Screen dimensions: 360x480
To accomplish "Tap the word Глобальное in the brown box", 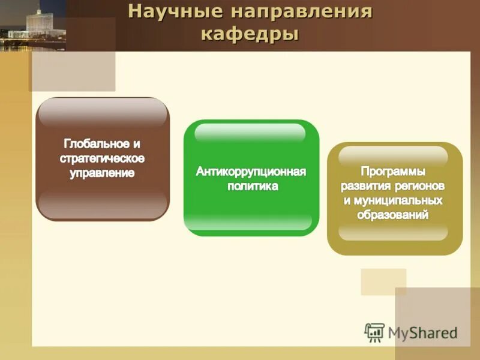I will pos(95,144).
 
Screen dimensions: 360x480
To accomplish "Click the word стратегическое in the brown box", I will pos(102,159).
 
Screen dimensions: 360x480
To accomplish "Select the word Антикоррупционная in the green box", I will pos(251,172).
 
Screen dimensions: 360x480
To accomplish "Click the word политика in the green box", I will pos(252,187).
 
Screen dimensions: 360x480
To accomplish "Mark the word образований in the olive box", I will pos(394,214).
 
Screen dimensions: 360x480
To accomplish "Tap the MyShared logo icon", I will pos(374,332).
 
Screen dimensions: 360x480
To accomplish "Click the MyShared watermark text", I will pos(422,333).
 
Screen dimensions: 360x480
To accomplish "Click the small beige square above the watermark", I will pos(383,281).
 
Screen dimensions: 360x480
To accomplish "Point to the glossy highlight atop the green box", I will pos(251,132).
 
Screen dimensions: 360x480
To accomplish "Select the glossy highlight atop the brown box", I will pos(102,112).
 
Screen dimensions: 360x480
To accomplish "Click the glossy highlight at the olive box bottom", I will pos(394,232).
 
